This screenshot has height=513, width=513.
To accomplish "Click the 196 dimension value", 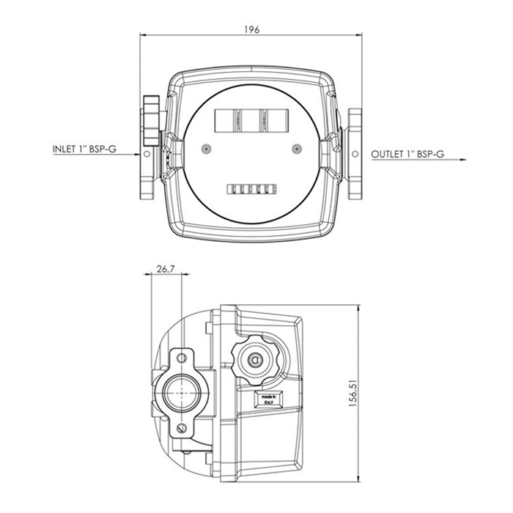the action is click(251, 30).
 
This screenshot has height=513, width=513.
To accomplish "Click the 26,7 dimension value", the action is click(166, 269).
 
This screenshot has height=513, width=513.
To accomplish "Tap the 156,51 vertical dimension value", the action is click(353, 393).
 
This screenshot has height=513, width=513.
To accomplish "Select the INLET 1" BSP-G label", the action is click(85, 150).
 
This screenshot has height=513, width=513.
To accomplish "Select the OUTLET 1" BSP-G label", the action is click(407, 154).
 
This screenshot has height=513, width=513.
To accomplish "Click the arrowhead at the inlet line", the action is click(137, 155).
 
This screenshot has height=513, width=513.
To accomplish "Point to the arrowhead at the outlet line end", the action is click(463, 160).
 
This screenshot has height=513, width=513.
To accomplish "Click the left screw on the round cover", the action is click(206, 149).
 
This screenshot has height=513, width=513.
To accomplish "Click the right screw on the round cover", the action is click(297, 149).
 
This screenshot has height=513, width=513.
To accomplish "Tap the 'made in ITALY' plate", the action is click(269, 399).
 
